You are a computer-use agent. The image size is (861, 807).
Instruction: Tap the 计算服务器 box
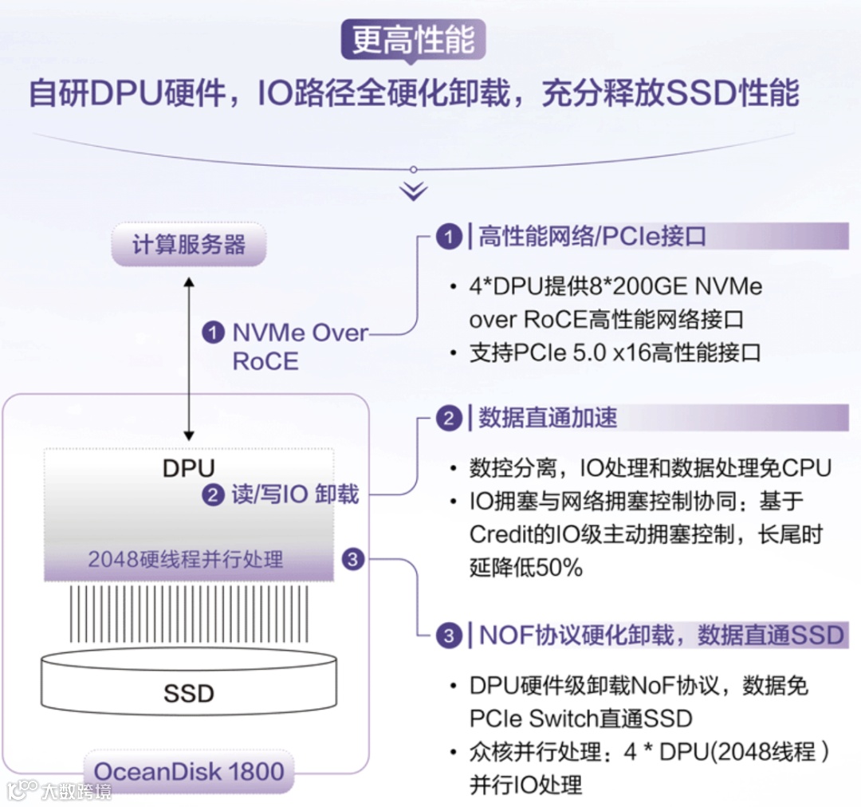[x=189, y=245]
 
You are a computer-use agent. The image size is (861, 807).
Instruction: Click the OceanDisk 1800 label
[x=189, y=771]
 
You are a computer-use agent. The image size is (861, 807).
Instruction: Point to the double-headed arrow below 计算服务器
[x=189, y=358]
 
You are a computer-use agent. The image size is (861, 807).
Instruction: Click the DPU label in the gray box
[x=189, y=467]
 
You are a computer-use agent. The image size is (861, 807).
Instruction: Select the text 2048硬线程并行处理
[x=186, y=559]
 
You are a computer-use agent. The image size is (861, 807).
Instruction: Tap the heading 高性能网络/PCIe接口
[x=592, y=237]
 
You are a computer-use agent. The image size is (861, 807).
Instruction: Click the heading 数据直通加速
[x=547, y=418]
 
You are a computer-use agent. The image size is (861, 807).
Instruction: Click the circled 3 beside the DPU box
[x=353, y=559]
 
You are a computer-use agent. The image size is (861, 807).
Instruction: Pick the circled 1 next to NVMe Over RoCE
[x=213, y=333]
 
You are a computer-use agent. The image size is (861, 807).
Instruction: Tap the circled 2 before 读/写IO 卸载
[x=213, y=495]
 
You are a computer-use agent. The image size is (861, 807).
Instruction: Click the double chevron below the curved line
[x=414, y=191]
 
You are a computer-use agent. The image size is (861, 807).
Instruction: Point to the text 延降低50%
[x=526, y=567]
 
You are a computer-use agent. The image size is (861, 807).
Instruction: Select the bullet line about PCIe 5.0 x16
[x=615, y=352]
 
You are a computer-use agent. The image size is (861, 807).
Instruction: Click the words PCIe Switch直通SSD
[x=580, y=718]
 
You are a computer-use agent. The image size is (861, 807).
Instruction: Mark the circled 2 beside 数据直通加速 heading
[x=449, y=419]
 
